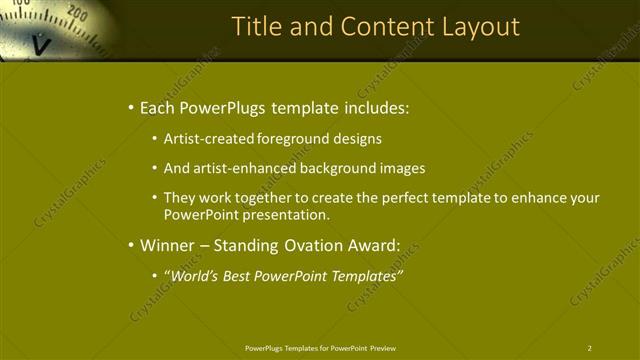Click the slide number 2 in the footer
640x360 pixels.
(x=590, y=348)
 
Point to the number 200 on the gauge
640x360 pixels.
(x=77, y=13)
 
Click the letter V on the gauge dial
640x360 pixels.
(x=41, y=44)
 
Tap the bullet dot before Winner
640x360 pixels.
(x=130, y=244)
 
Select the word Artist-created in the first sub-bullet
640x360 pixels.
(x=208, y=139)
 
